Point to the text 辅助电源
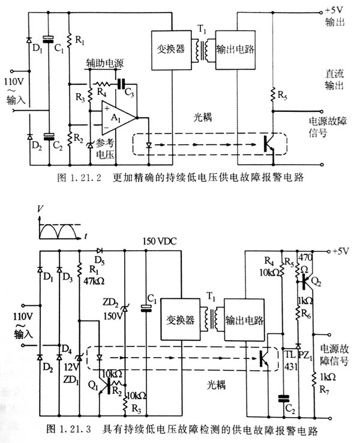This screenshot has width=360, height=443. click(x=104, y=63)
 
